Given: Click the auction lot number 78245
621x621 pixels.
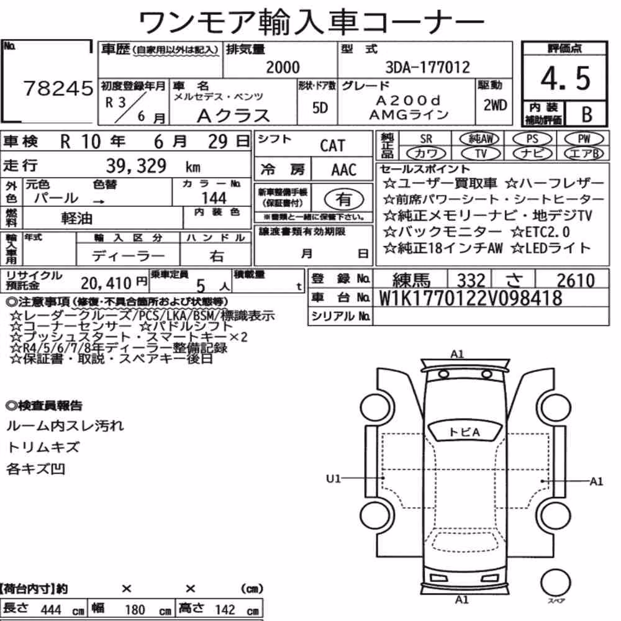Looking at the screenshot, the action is coord(58,88).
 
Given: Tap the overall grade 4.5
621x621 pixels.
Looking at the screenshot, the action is coord(565,78).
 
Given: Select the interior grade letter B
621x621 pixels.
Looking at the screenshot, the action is coord(587,114).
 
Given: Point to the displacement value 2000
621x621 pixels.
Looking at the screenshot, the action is coord(283,67).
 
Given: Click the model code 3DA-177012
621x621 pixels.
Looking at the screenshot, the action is coord(427,67).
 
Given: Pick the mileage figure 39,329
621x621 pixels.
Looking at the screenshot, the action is coord(136,166).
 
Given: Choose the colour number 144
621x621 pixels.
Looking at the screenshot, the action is coord(214,197).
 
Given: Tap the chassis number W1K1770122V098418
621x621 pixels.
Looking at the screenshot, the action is coord(470,298).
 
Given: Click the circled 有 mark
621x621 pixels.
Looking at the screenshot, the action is coord(343,199).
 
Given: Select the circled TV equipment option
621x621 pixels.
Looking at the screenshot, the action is coord(481,153).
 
